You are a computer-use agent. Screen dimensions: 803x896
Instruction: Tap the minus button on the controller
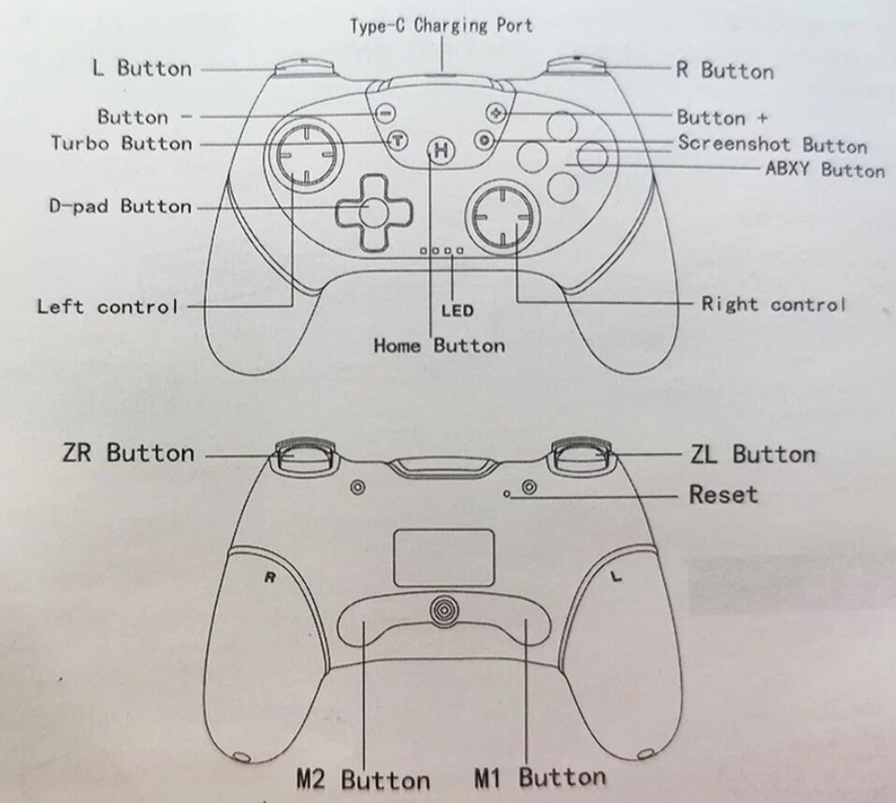(x=384, y=111)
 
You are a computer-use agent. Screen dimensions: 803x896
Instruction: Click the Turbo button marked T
(x=397, y=141)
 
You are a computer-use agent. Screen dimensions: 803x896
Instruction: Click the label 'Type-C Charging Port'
(x=441, y=25)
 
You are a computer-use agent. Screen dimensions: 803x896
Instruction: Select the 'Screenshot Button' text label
(x=772, y=144)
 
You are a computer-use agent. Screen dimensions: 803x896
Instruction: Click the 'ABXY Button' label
(x=824, y=169)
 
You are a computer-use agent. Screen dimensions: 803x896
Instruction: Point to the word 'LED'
(x=457, y=310)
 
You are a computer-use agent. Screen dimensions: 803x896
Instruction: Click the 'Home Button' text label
(x=439, y=345)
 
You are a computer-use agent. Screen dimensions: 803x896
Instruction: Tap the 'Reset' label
(x=723, y=494)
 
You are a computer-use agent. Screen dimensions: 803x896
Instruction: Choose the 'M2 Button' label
(x=363, y=779)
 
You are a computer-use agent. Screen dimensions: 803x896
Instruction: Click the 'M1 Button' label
(x=540, y=777)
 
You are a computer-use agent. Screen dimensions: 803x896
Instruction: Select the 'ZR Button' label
(x=128, y=453)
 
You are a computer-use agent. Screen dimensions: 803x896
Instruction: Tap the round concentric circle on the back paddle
(x=445, y=609)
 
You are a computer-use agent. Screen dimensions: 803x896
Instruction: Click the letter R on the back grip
(x=269, y=577)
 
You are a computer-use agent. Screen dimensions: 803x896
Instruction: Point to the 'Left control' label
(x=107, y=306)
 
